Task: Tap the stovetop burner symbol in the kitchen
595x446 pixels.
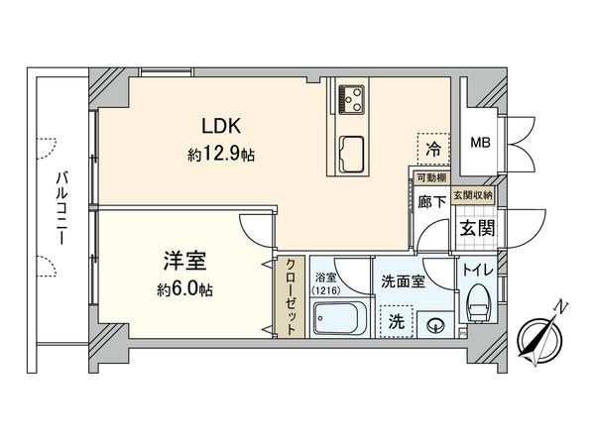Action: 351,96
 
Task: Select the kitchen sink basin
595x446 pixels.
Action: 352,151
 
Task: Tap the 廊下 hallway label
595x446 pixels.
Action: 429,200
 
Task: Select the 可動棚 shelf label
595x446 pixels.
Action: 429,178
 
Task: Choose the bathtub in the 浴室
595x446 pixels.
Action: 339,321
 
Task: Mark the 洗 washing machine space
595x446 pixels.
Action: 396,321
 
